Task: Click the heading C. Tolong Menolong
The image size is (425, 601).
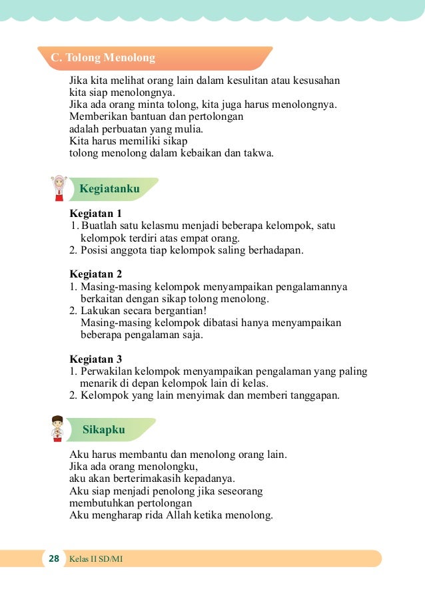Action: (103, 58)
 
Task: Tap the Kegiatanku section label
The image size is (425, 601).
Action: (109, 189)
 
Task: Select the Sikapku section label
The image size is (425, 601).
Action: (104, 429)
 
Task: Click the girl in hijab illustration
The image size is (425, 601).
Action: (59, 188)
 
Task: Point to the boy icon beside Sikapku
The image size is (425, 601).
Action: (58, 429)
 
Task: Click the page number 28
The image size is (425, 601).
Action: (54, 558)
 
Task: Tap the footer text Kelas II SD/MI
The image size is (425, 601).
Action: (96, 558)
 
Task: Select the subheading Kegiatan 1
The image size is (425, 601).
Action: (96, 214)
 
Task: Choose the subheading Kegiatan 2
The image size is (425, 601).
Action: (96, 274)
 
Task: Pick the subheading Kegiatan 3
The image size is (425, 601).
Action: (96, 359)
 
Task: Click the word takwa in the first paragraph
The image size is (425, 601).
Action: (259, 153)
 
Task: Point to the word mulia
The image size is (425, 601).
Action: (189, 129)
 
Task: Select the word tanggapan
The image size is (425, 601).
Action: (312, 395)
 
